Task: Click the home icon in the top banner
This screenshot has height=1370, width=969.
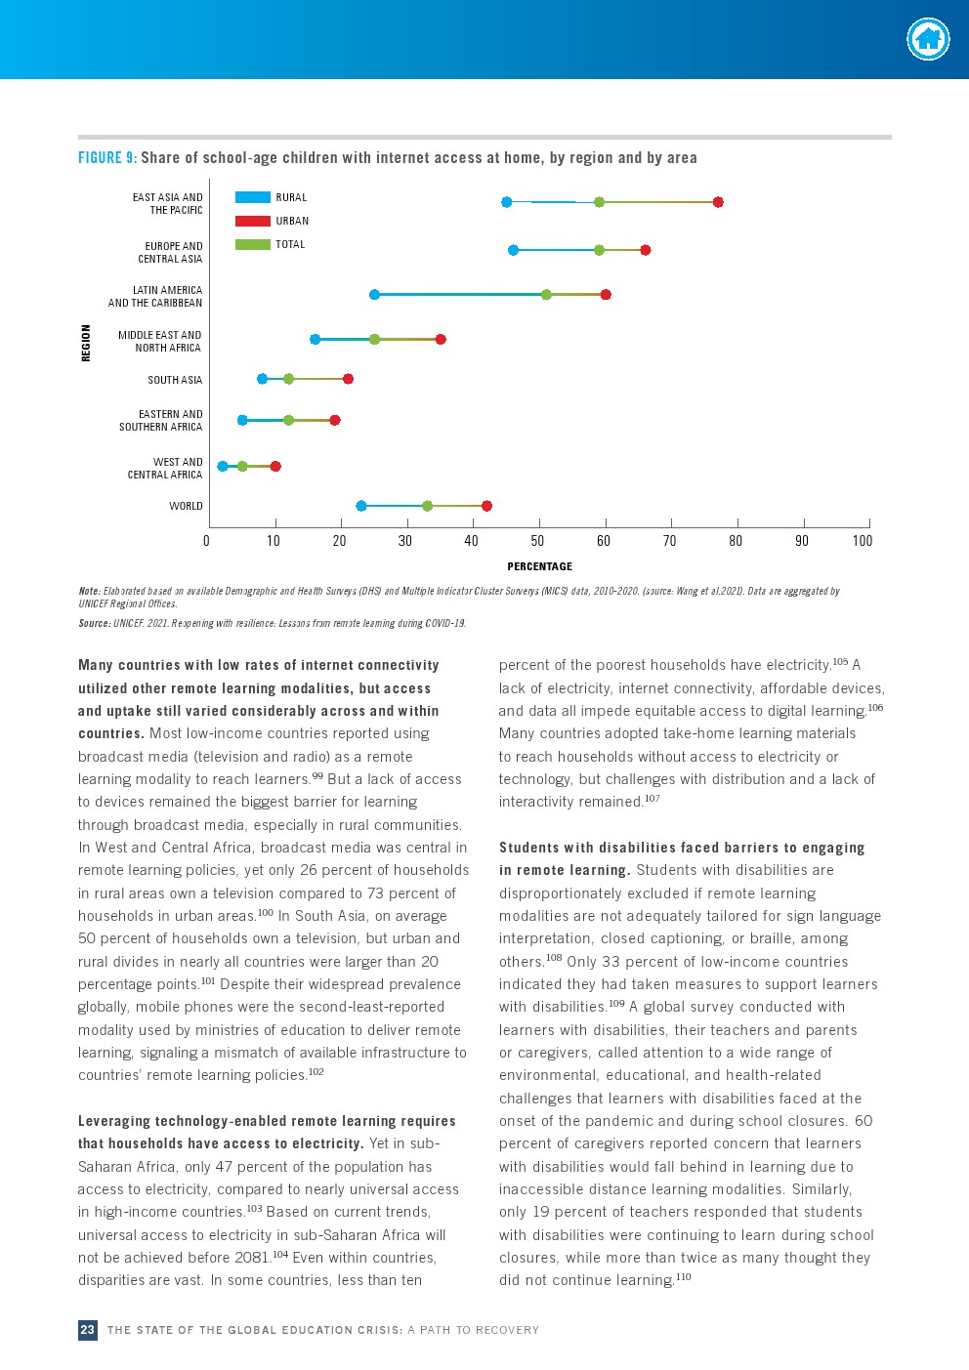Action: click(x=927, y=40)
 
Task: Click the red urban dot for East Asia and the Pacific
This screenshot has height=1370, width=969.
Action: click(x=718, y=202)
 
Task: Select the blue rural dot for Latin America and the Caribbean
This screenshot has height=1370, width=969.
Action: click(x=374, y=294)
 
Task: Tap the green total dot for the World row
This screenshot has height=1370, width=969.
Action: click(x=427, y=506)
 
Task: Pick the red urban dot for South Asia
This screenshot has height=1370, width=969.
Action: click(x=348, y=379)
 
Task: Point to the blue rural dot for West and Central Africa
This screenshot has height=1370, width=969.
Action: click(x=223, y=467)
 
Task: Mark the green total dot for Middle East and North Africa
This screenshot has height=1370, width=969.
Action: click(x=374, y=339)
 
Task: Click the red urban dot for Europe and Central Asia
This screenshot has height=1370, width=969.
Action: click(x=645, y=250)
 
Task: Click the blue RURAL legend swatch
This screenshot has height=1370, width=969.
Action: click(x=252, y=197)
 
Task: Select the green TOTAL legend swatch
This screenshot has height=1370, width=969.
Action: click(x=252, y=244)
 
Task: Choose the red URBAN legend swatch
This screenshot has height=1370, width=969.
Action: click(x=252, y=221)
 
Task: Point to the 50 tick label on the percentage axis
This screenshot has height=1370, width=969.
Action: click(x=537, y=541)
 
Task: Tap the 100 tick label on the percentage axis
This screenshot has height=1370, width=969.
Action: click(x=862, y=541)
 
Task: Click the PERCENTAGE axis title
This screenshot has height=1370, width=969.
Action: click(x=539, y=566)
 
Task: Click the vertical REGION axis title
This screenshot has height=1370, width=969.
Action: click(x=86, y=343)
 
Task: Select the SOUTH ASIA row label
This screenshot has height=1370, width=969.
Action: click(x=175, y=380)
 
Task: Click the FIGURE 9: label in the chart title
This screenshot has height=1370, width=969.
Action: click(x=107, y=158)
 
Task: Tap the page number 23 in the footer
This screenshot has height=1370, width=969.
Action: click(x=88, y=1330)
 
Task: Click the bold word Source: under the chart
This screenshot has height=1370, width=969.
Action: click(x=94, y=623)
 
